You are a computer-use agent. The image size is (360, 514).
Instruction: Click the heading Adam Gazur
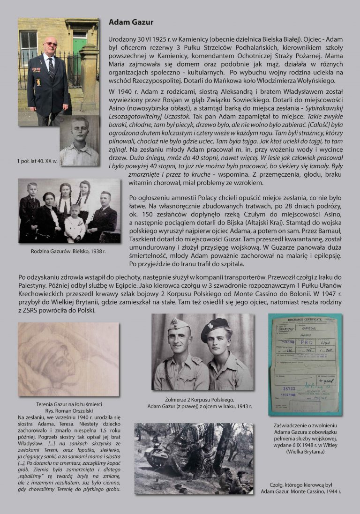131,22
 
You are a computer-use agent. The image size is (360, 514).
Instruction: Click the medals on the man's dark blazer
37,70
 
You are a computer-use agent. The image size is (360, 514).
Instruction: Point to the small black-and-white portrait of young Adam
79,141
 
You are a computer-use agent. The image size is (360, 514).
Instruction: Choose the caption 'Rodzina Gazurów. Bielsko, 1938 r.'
68,251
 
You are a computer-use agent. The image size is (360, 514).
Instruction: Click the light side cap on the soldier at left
179,324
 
